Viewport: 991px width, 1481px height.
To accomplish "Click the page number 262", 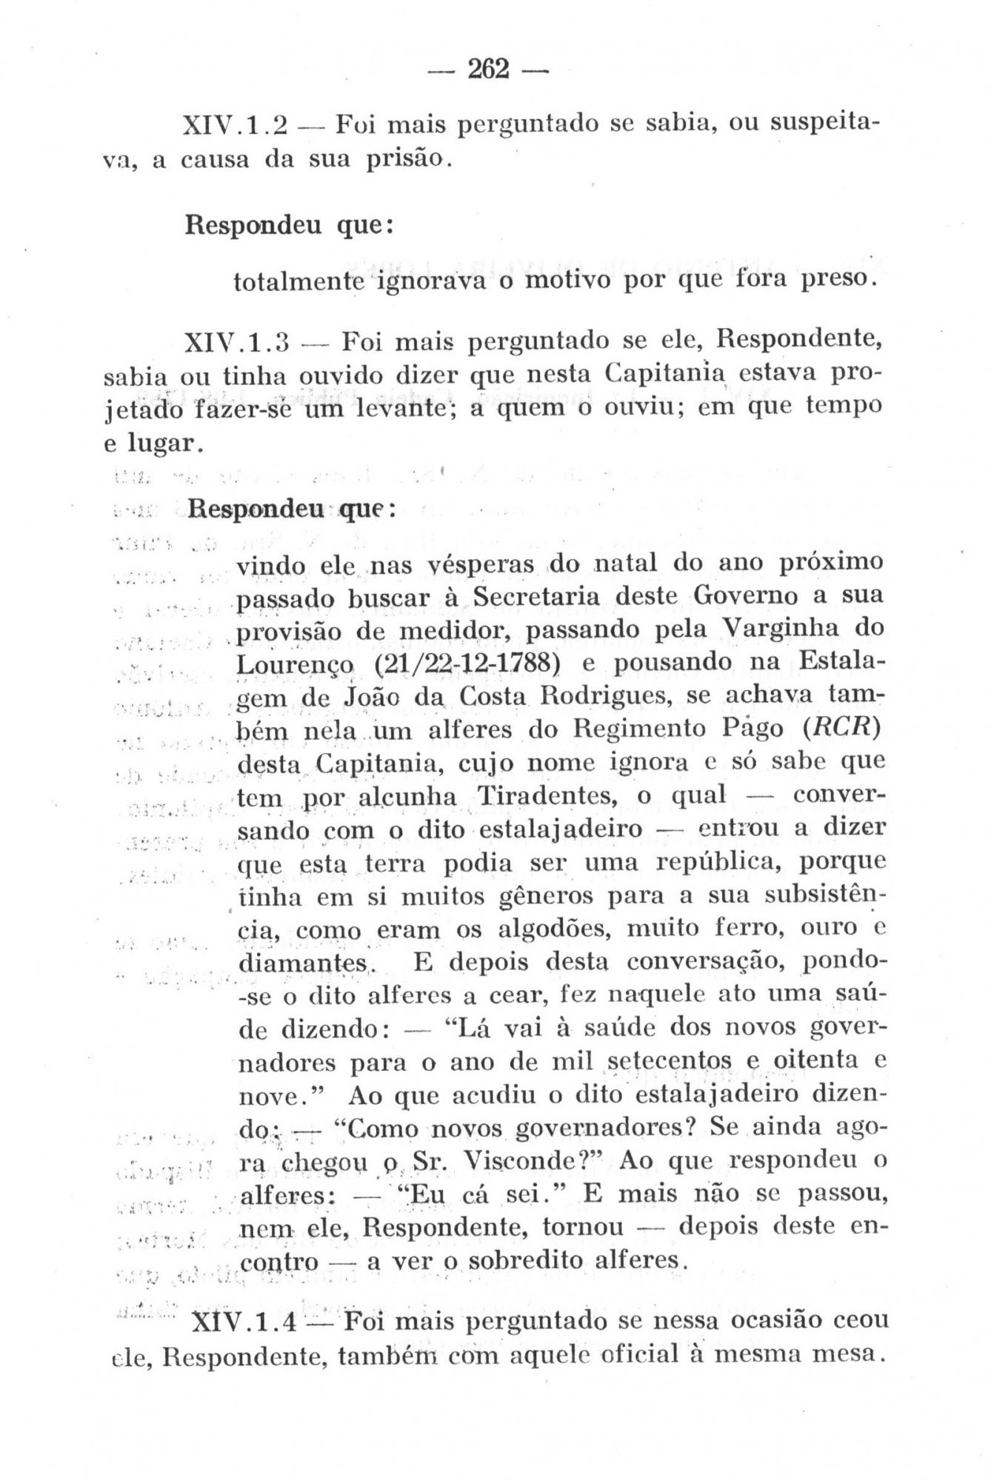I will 489,70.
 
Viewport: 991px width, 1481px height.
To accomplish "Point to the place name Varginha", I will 770,629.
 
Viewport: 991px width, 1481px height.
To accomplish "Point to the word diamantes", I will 305,963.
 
